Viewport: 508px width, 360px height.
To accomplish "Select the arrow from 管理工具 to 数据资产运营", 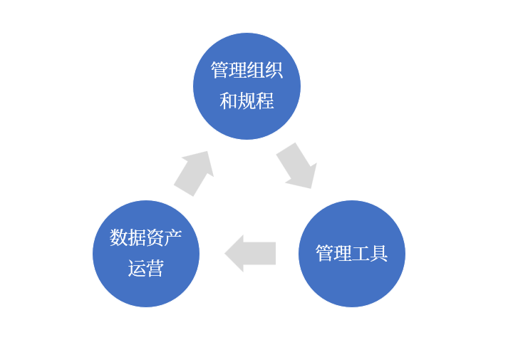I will coord(250,253).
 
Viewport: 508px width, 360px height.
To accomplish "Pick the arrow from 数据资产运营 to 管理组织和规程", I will coord(194,172).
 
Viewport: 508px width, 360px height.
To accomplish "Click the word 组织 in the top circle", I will coord(264,70).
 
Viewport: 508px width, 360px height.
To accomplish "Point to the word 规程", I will coord(256,101).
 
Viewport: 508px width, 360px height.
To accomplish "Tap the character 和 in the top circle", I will coord(228,101).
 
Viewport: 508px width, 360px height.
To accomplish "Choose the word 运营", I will coord(146,268).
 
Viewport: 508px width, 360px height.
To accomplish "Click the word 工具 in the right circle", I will coord(369,253).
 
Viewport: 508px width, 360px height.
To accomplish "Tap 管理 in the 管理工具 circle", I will coord(333,253).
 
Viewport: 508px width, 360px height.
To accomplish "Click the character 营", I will coord(155,268).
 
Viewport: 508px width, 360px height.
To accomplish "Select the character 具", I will coord(378,253).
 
